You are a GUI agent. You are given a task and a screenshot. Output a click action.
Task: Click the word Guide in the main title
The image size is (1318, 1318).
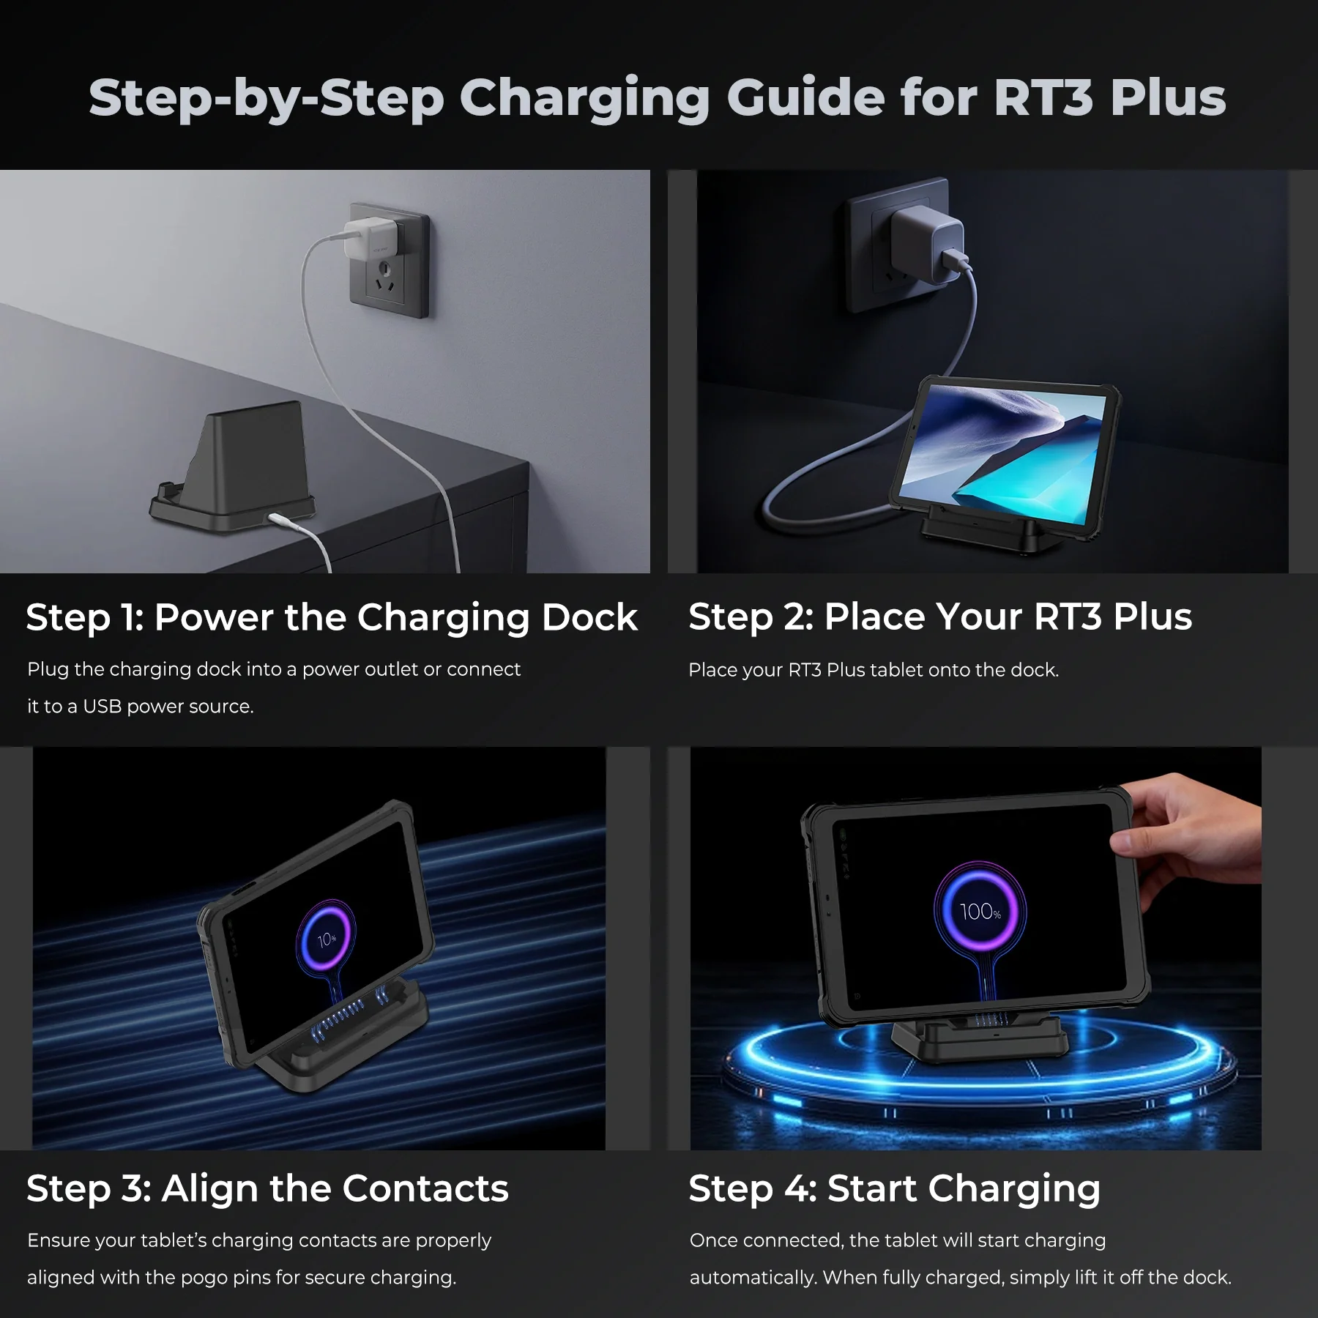805,97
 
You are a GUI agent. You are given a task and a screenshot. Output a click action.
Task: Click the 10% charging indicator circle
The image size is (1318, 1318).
327,939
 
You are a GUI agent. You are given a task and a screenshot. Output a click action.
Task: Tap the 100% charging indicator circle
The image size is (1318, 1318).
980,912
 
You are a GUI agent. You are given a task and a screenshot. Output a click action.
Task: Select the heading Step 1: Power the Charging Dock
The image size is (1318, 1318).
332,617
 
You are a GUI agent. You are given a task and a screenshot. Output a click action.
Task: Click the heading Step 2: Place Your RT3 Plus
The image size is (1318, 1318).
940,617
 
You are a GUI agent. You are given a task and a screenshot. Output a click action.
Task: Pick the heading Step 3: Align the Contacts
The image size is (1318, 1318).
267,1188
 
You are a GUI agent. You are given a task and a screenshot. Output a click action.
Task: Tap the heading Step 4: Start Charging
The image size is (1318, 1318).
894,1188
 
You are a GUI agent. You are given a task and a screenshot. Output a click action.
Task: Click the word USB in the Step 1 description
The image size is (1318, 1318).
102,707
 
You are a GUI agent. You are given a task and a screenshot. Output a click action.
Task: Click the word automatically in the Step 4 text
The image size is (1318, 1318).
753,1278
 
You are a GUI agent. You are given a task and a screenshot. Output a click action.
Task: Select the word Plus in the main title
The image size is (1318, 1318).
1168,97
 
